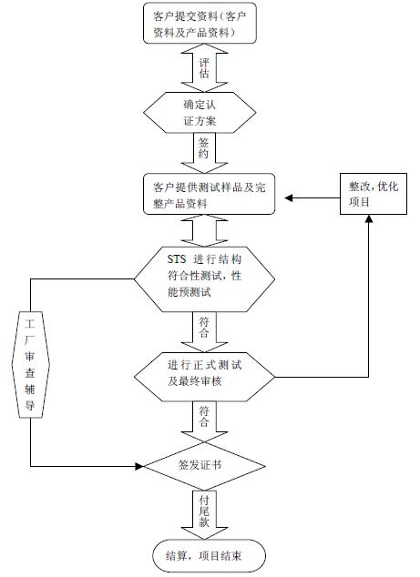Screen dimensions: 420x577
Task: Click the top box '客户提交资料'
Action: pyautogui.click(x=200, y=23)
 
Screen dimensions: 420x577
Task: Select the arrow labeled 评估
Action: pyautogui.click(x=204, y=67)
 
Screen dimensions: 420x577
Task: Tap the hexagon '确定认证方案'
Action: pyautogui.click(x=200, y=113)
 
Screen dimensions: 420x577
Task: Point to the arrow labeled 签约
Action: pyautogui.click(x=204, y=153)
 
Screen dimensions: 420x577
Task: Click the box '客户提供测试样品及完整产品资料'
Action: pyautogui.click(x=209, y=194)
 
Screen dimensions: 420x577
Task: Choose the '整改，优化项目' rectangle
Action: pyautogui.click(x=374, y=194)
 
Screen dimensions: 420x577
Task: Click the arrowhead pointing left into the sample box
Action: pyautogui.click(x=289, y=198)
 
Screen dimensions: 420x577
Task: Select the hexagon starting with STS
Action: pyautogui.click(x=204, y=279)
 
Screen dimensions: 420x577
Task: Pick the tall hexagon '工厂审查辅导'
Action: pyautogui.click(x=31, y=365)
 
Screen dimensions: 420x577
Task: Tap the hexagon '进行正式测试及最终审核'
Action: pyautogui.click(x=204, y=377)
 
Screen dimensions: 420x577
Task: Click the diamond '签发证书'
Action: pyautogui.click(x=204, y=466)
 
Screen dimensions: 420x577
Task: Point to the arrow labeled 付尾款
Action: pyautogui.click(x=204, y=514)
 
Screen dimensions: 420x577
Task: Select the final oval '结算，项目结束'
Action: pyautogui.click(x=209, y=556)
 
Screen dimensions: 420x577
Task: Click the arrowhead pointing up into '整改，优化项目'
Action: pyautogui.click(x=369, y=218)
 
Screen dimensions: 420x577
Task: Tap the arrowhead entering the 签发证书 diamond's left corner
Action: pyautogui.click(x=139, y=467)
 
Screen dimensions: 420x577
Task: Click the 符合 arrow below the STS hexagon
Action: pyautogui.click(x=204, y=332)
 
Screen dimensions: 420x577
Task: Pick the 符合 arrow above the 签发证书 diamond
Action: pyautogui.click(x=204, y=421)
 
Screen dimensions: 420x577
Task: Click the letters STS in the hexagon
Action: pyautogui.click(x=177, y=259)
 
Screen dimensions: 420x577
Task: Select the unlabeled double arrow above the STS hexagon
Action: pyautogui.click(x=204, y=231)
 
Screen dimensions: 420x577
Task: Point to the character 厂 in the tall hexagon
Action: pyautogui.click(x=30, y=340)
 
